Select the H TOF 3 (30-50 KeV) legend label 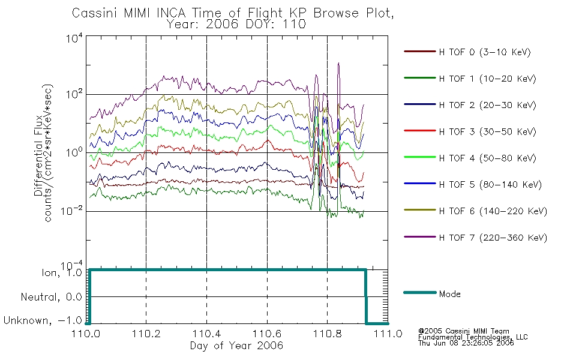[x=487, y=131]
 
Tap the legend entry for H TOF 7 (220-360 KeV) [x=493, y=238]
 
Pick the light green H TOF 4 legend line [x=420, y=157]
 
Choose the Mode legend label [x=449, y=294]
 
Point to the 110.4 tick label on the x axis [x=206, y=334]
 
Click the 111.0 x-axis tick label [x=388, y=334]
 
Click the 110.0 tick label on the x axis [x=86, y=334]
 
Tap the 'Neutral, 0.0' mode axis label [x=51, y=297]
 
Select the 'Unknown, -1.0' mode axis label [x=43, y=320]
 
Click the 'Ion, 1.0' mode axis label [x=62, y=272]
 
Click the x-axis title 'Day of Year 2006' [x=236, y=346]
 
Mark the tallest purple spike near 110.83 [x=339, y=63]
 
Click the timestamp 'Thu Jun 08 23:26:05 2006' [x=466, y=343]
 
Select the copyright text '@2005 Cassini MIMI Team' [x=464, y=331]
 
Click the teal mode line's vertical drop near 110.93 [x=366, y=296]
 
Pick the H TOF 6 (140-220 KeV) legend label [x=493, y=211]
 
